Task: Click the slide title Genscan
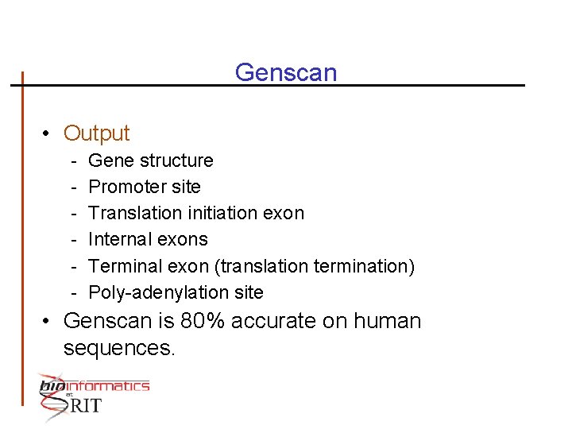(x=286, y=73)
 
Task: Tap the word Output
(x=96, y=133)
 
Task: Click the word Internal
(x=120, y=239)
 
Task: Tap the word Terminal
(x=125, y=265)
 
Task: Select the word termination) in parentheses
(x=365, y=265)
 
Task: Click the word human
(x=388, y=322)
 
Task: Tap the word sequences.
(x=118, y=348)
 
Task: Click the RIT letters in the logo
(x=87, y=405)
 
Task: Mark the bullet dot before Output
(x=48, y=133)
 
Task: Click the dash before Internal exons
(x=72, y=239)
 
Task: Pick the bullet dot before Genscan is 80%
(x=48, y=322)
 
